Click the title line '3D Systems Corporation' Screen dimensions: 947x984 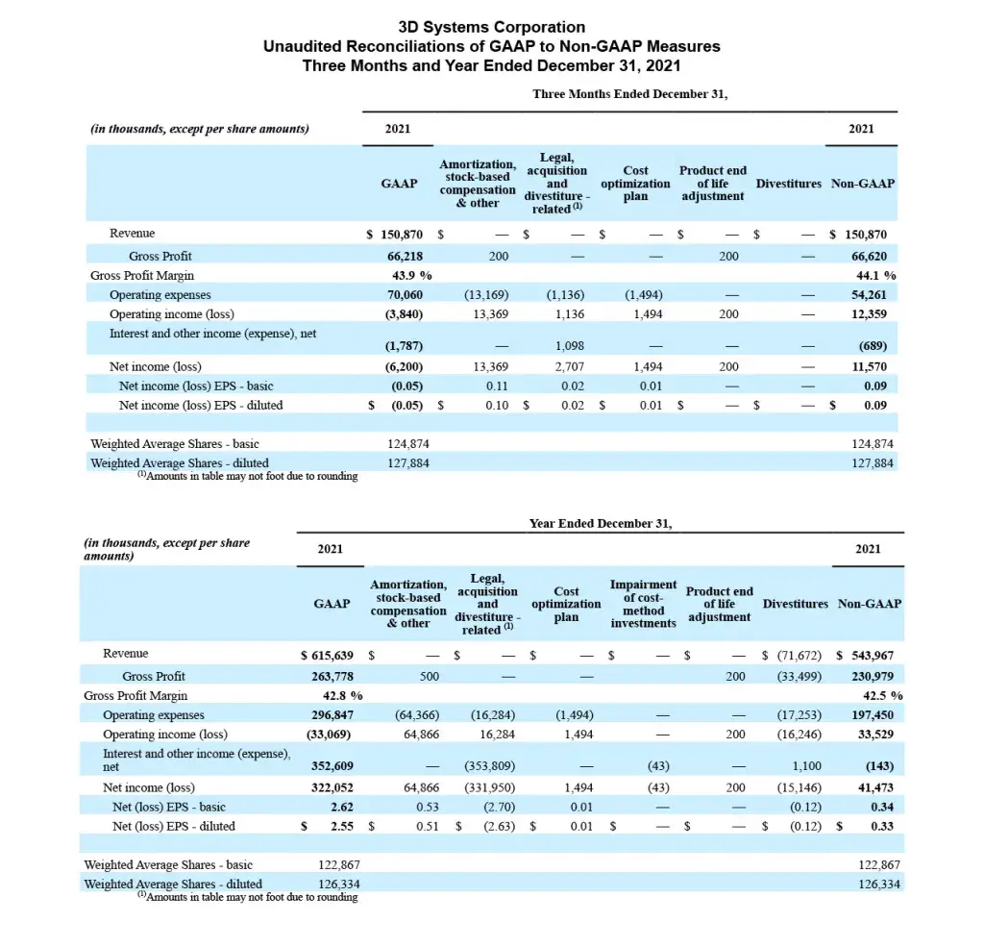pos(491,27)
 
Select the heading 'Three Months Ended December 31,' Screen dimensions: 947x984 pos(629,93)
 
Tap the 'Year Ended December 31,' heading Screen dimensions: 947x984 pos(601,523)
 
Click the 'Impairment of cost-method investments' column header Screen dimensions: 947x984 pos(643,604)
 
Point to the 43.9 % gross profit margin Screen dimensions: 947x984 pos(404,275)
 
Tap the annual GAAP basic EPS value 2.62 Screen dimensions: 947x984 pos(338,807)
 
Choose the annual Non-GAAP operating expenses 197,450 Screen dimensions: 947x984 pos(873,715)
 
